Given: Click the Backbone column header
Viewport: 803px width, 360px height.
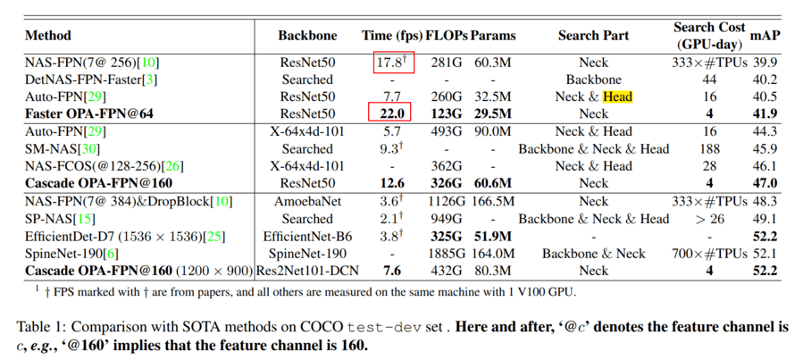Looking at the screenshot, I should pos(307,36).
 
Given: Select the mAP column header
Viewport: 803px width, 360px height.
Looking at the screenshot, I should pos(764,36).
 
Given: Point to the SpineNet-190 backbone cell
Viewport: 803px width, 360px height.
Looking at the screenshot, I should pos(307,254).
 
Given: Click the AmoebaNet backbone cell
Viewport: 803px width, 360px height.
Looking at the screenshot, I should pos(307,202).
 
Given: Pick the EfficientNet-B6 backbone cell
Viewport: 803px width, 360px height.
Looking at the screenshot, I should pos(307,237).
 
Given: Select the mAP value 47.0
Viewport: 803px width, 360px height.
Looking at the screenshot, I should pos(764,183).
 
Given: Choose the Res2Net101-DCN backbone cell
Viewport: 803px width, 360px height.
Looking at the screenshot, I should pos(307,271).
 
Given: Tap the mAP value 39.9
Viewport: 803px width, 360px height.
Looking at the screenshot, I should pos(764,62).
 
